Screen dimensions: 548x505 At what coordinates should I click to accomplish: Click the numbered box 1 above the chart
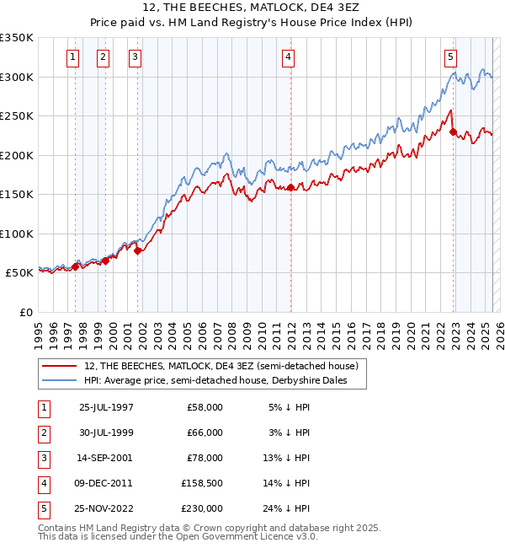point(72,57)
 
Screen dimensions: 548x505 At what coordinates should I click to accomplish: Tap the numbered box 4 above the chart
point(288,57)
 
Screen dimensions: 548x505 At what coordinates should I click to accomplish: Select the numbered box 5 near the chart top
point(450,57)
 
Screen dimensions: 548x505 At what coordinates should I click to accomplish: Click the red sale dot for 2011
point(290,187)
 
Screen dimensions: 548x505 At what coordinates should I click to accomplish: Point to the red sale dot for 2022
point(453,132)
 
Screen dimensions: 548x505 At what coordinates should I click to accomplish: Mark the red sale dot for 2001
point(137,250)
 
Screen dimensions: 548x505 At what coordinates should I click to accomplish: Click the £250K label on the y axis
point(17,116)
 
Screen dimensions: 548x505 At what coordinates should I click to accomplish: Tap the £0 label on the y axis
point(25,312)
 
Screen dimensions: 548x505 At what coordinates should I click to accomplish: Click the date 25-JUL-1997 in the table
point(106,407)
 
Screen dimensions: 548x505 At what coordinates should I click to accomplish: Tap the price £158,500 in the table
point(200,483)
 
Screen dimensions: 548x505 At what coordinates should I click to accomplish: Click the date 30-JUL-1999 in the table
point(106,432)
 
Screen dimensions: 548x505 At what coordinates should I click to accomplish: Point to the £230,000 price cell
point(200,508)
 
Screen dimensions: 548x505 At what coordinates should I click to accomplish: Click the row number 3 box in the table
point(42,458)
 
